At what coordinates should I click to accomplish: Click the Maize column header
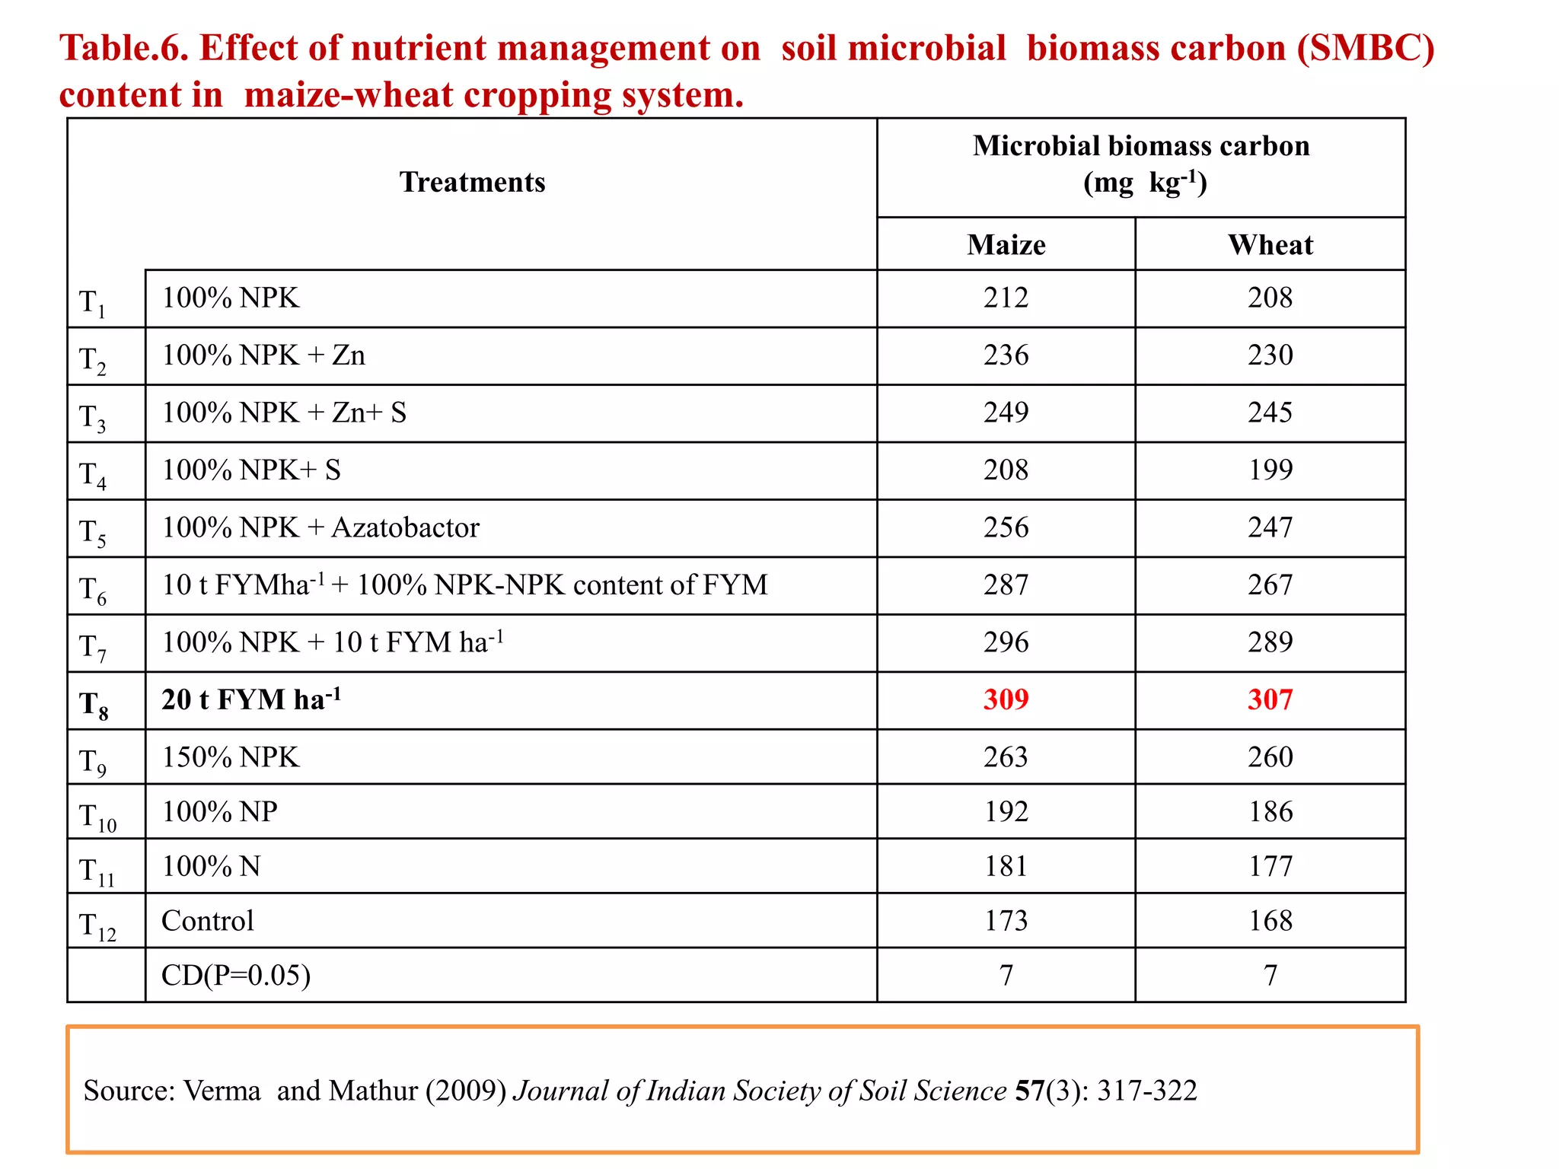pyautogui.click(x=1006, y=245)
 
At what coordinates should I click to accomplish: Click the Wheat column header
pyautogui.click(x=1270, y=245)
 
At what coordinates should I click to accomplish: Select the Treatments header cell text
pyautogui.click(x=472, y=183)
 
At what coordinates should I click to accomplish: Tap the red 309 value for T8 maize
pyautogui.click(x=1006, y=699)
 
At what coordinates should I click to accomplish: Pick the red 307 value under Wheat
pyautogui.click(x=1270, y=699)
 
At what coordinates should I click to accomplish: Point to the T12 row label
pyautogui.click(x=97, y=926)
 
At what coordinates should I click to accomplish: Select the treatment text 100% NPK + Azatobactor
pyautogui.click(x=320, y=527)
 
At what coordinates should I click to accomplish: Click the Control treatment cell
pyautogui.click(x=208, y=921)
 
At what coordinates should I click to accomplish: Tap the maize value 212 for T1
pyautogui.click(x=1006, y=298)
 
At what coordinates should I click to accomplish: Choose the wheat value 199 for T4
pyautogui.click(x=1270, y=470)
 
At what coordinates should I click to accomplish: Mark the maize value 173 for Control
pyautogui.click(x=1006, y=921)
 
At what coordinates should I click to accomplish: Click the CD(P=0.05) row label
pyautogui.click(x=236, y=975)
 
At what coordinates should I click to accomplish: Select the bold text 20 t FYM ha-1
pyautogui.click(x=250, y=699)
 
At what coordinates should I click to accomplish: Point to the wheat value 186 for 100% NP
pyautogui.click(x=1270, y=811)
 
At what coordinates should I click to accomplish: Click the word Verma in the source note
pyautogui.click(x=222, y=1091)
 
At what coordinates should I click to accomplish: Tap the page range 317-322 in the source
pyautogui.click(x=1146, y=1091)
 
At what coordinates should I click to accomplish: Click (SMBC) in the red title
pyautogui.click(x=1366, y=48)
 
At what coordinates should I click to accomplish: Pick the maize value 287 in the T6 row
pyautogui.click(x=1006, y=584)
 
